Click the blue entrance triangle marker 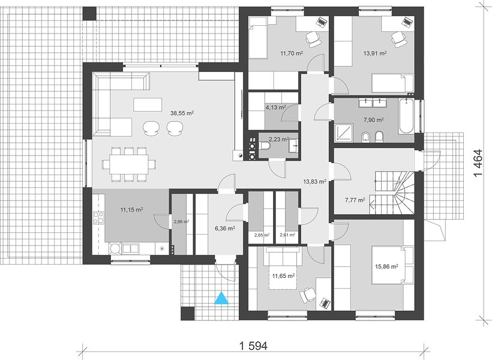(x=222, y=298)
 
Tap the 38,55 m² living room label (x=182, y=113)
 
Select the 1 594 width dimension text (x=253, y=346)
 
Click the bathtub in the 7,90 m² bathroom (x=406, y=116)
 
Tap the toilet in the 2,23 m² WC (x=265, y=146)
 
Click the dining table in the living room (x=128, y=164)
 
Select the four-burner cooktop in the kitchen (x=98, y=218)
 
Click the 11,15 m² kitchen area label (x=132, y=209)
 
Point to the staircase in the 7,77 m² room (x=392, y=193)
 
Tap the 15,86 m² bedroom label (x=386, y=266)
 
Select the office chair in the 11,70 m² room (x=313, y=39)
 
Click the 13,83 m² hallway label (x=315, y=181)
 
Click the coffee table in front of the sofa (x=148, y=104)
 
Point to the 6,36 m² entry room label (x=225, y=229)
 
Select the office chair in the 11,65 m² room (x=307, y=295)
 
